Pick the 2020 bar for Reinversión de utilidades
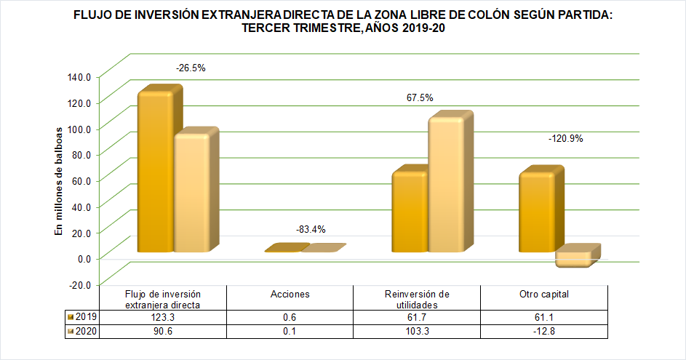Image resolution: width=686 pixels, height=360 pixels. tap(445, 185)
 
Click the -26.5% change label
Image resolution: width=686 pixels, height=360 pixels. tap(191, 68)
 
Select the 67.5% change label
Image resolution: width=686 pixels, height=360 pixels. tap(419, 97)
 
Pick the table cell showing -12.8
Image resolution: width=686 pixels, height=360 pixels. tap(543, 332)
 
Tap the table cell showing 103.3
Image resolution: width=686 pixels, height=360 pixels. tap(417, 332)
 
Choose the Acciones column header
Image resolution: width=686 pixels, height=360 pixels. tap(290, 295)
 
